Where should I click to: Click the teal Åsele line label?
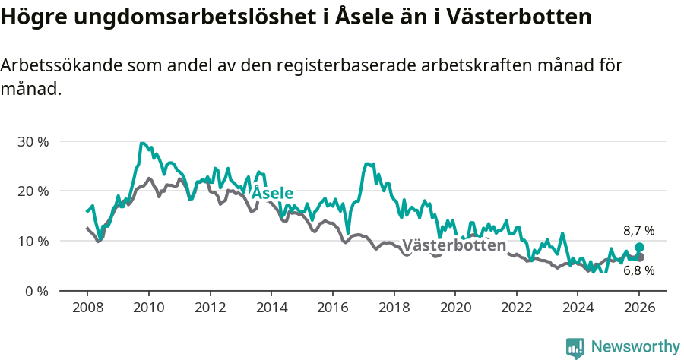(272, 193)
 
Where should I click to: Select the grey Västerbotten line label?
(454, 245)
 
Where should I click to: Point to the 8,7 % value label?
(638, 231)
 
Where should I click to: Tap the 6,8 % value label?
(638, 270)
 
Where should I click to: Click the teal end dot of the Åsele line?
(640, 248)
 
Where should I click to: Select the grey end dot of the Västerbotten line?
(640, 257)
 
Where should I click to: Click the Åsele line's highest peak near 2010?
(142, 143)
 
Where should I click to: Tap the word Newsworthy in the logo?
(635, 347)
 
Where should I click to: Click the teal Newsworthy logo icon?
(575, 348)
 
